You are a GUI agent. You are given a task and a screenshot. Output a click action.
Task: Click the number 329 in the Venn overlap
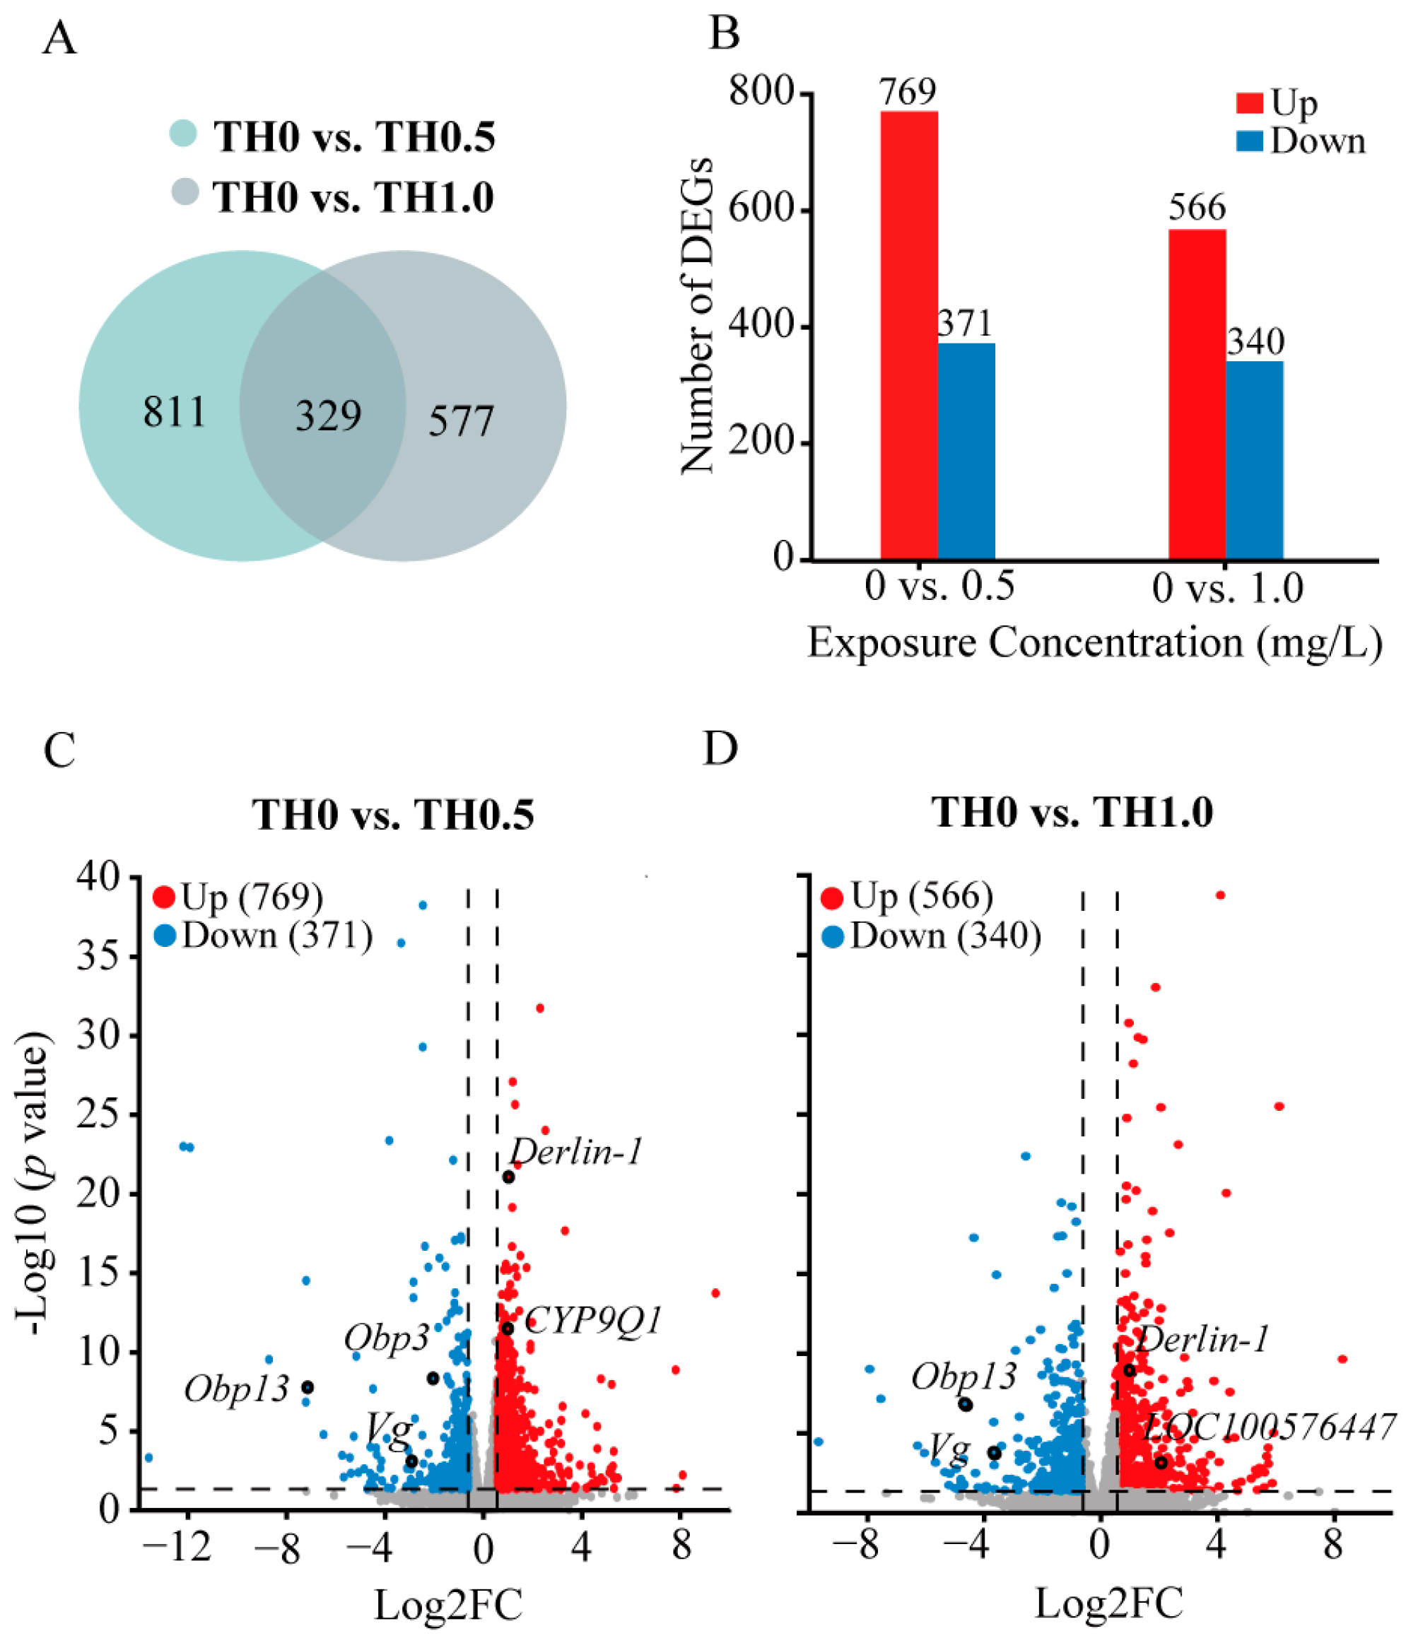328,416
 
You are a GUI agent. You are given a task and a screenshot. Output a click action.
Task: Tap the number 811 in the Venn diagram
175,411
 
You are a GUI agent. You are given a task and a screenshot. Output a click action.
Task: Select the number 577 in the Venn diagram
461,420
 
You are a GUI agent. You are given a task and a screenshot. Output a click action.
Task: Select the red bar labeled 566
1197,396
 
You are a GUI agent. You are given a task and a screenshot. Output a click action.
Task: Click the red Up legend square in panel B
1250,103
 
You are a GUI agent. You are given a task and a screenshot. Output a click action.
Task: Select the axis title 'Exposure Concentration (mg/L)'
1094,642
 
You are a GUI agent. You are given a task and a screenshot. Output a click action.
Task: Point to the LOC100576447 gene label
1269,1427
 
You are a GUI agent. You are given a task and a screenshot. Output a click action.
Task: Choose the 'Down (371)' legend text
278,936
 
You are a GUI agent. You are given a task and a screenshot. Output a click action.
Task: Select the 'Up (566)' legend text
922,896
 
